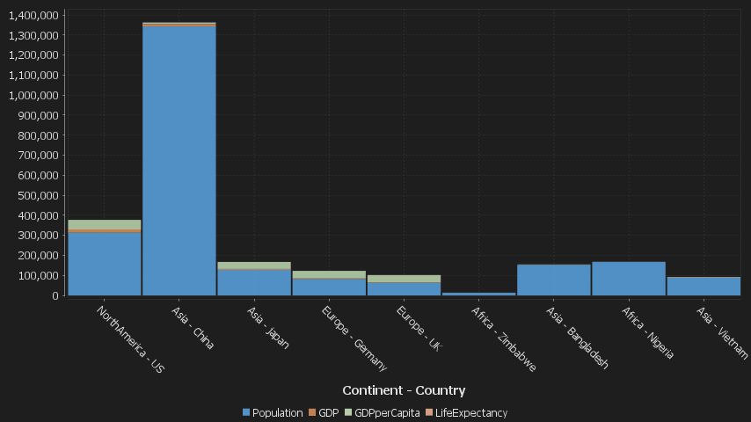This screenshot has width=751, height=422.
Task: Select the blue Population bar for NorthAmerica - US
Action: pyautogui.click(x=105, y=264)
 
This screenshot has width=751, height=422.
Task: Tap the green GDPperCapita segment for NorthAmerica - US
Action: pyautogui.click(x=105, y=225)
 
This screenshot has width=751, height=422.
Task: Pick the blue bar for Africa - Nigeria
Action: pyautogui.click(x=629, y=279)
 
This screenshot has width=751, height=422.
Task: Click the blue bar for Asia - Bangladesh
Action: pyautogui.click(x=554, y=280)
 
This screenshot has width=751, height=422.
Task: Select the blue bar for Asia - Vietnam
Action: pyautogui.click(x=704, y=287)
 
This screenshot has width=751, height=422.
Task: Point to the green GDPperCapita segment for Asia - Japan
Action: pyautogui.click(x=254, y=265)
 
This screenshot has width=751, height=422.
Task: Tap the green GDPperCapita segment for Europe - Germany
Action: pyautogui.click(x=329, y=274)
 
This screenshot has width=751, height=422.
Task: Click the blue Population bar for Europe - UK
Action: pyautogui.click(x=405, y=288)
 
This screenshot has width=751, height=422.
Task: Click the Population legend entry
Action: pyautogui.click(x=277, y=412)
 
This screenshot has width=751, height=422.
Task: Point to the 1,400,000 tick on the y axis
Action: pyautogui.click(x=33, y=16)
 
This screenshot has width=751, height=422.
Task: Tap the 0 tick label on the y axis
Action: pyautogui.click(x=55, y=295)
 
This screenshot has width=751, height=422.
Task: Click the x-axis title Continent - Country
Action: pyautogui.click(x=404, y=390)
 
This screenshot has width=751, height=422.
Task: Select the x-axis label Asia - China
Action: pyautogui.click(x=194, y=328)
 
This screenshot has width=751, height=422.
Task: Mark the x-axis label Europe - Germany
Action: pyautogui.click(x=354, y=338)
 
